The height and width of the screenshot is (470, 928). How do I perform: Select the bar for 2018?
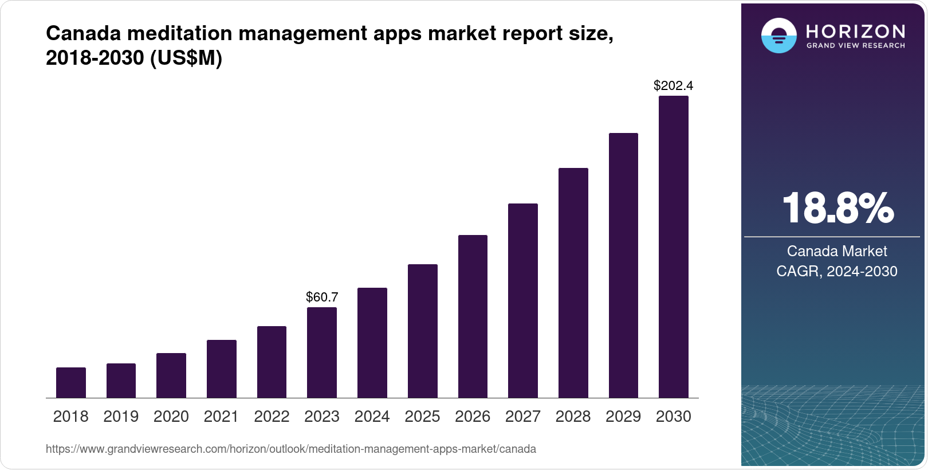71,383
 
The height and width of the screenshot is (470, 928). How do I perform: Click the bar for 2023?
322,352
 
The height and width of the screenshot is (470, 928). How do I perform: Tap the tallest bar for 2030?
674,246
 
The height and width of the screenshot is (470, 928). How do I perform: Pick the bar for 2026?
473,316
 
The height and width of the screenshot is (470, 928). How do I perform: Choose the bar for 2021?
222,369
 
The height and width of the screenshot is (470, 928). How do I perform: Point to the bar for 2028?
573,283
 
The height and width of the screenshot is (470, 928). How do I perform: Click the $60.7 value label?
322,297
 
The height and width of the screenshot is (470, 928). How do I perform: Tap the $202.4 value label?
673,86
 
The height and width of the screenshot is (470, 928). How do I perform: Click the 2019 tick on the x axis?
121,417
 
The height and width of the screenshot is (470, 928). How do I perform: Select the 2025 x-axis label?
422,417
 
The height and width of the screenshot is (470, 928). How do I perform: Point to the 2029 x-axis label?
623,417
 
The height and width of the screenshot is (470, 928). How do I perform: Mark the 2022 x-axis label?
272,417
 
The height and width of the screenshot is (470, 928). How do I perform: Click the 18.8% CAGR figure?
837,208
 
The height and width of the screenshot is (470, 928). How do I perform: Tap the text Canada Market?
837,251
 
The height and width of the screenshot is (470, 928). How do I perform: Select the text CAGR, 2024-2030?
837,271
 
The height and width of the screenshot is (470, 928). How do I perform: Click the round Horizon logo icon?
778,36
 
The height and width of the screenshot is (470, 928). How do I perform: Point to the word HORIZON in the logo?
855,31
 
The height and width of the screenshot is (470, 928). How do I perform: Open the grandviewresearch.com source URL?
291,449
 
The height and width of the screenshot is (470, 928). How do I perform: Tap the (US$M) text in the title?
186,58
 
